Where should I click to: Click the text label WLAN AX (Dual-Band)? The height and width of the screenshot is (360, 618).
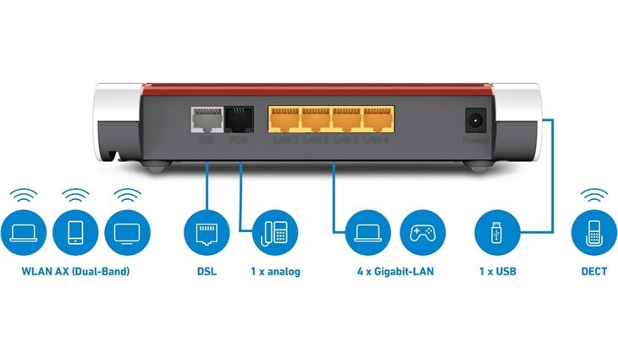[76, 273]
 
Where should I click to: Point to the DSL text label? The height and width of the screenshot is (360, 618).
[207, 273]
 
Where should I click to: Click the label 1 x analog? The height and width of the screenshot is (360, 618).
[273, 273]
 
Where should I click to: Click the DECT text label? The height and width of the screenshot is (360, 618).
[593, 273]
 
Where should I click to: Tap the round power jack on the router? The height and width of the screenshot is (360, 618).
[474, 119]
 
